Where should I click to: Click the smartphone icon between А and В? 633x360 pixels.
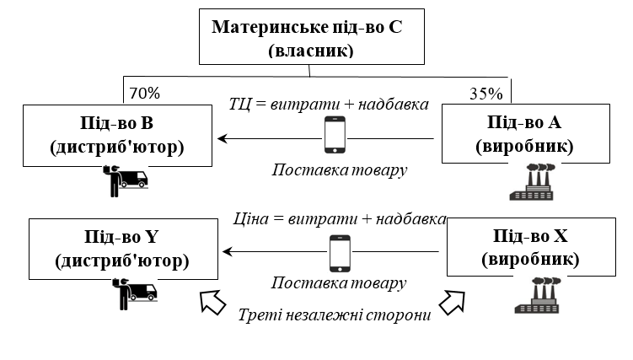click(335, 135)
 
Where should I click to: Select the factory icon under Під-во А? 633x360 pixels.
click(533, 181)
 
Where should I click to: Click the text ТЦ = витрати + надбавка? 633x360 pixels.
click(329, 105)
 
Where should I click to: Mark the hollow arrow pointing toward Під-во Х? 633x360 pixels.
click(451, 298)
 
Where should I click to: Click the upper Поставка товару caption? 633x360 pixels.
click(340, 169)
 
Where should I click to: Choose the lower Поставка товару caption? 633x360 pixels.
click(340, 282)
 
